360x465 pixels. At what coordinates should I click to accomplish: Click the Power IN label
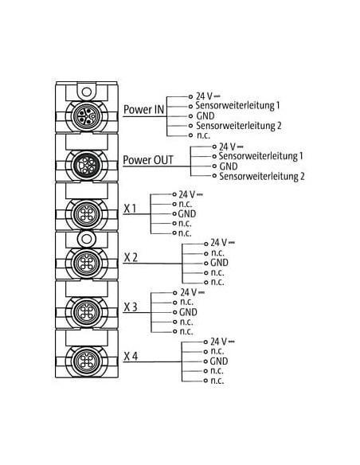(x=143, y=109)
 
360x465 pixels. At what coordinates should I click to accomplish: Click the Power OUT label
(x=148, y=160)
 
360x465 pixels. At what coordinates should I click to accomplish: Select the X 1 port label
(x=130, y=209)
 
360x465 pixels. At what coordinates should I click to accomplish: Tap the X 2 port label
(x=131, y=257)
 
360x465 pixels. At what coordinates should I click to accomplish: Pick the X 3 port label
(x=131, y=307)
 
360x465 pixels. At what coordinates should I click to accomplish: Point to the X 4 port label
(x=131, y=356)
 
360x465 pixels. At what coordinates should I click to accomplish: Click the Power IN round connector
(x=87, y=116)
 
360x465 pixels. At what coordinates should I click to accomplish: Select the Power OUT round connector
(x=87, y=165)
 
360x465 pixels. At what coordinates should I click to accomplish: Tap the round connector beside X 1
(x=87, y=214)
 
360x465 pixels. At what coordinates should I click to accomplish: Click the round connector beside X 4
(x=87, y=361)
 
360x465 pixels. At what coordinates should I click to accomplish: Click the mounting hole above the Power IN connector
(x=87, y=92)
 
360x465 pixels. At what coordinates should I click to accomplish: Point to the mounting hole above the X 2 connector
(x=87, y=239)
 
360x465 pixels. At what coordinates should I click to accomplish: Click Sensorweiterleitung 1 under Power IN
(x=237, y=106)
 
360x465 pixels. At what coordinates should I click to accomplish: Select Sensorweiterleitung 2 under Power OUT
(x=262, y=176)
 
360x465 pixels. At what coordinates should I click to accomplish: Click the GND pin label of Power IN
(x=205, y=116)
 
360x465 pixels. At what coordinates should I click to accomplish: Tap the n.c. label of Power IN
(x=203, y=136)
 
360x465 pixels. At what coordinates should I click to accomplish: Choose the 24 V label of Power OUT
(x=231, y=147)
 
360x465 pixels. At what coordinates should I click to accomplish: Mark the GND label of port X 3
(x=188, y=312)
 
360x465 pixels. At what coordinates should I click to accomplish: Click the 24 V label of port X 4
(x=222, y=342)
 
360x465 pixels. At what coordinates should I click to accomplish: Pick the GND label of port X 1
(x=187, y=214)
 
